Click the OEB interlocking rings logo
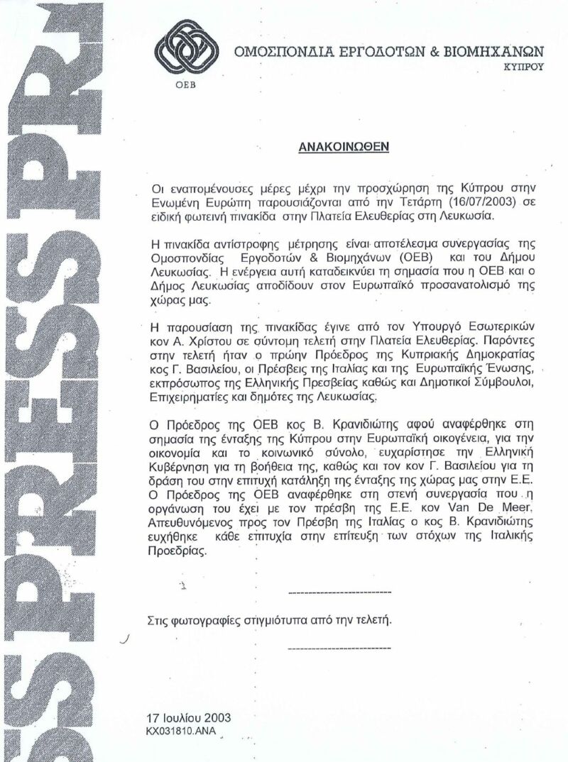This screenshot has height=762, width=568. [x=184, y=53]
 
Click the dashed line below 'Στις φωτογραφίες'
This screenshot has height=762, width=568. [x=340, y=647]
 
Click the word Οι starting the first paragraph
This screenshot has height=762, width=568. [x=158, y=188]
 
